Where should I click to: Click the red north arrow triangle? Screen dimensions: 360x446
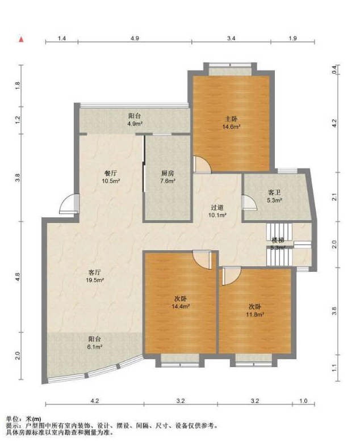coord(21,39)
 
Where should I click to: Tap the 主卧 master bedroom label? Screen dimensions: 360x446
coord(231,119)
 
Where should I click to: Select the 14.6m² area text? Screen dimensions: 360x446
coord(231,127)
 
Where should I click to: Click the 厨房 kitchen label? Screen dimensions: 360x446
coord(168,173)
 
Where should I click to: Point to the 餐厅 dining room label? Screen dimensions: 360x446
coord(111,173)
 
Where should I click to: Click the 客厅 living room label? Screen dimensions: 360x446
coord(94,272)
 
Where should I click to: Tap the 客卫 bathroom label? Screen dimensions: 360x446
coord(274,192)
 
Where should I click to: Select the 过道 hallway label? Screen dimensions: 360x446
coord(217,207)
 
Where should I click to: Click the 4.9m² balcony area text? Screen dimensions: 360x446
coord(135,124)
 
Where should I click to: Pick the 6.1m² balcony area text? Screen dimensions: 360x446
coord(95,347)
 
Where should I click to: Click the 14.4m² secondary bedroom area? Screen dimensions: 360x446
coord(181,306)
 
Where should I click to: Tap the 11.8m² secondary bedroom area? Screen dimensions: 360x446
coord(255,314)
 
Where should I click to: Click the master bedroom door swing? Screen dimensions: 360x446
coord(202,165)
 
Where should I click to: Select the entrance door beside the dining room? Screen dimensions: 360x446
coord(69,204)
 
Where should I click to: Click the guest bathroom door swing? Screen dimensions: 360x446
coord(249,202)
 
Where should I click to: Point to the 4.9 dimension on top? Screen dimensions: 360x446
coord(135,38)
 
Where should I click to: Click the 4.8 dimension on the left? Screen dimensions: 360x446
coord(18,277)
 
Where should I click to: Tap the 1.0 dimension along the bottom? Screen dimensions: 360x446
coord(303,401)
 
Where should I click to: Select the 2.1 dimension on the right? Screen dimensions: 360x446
coord(334,197)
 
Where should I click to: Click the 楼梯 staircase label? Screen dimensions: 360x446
coord(278,241)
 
